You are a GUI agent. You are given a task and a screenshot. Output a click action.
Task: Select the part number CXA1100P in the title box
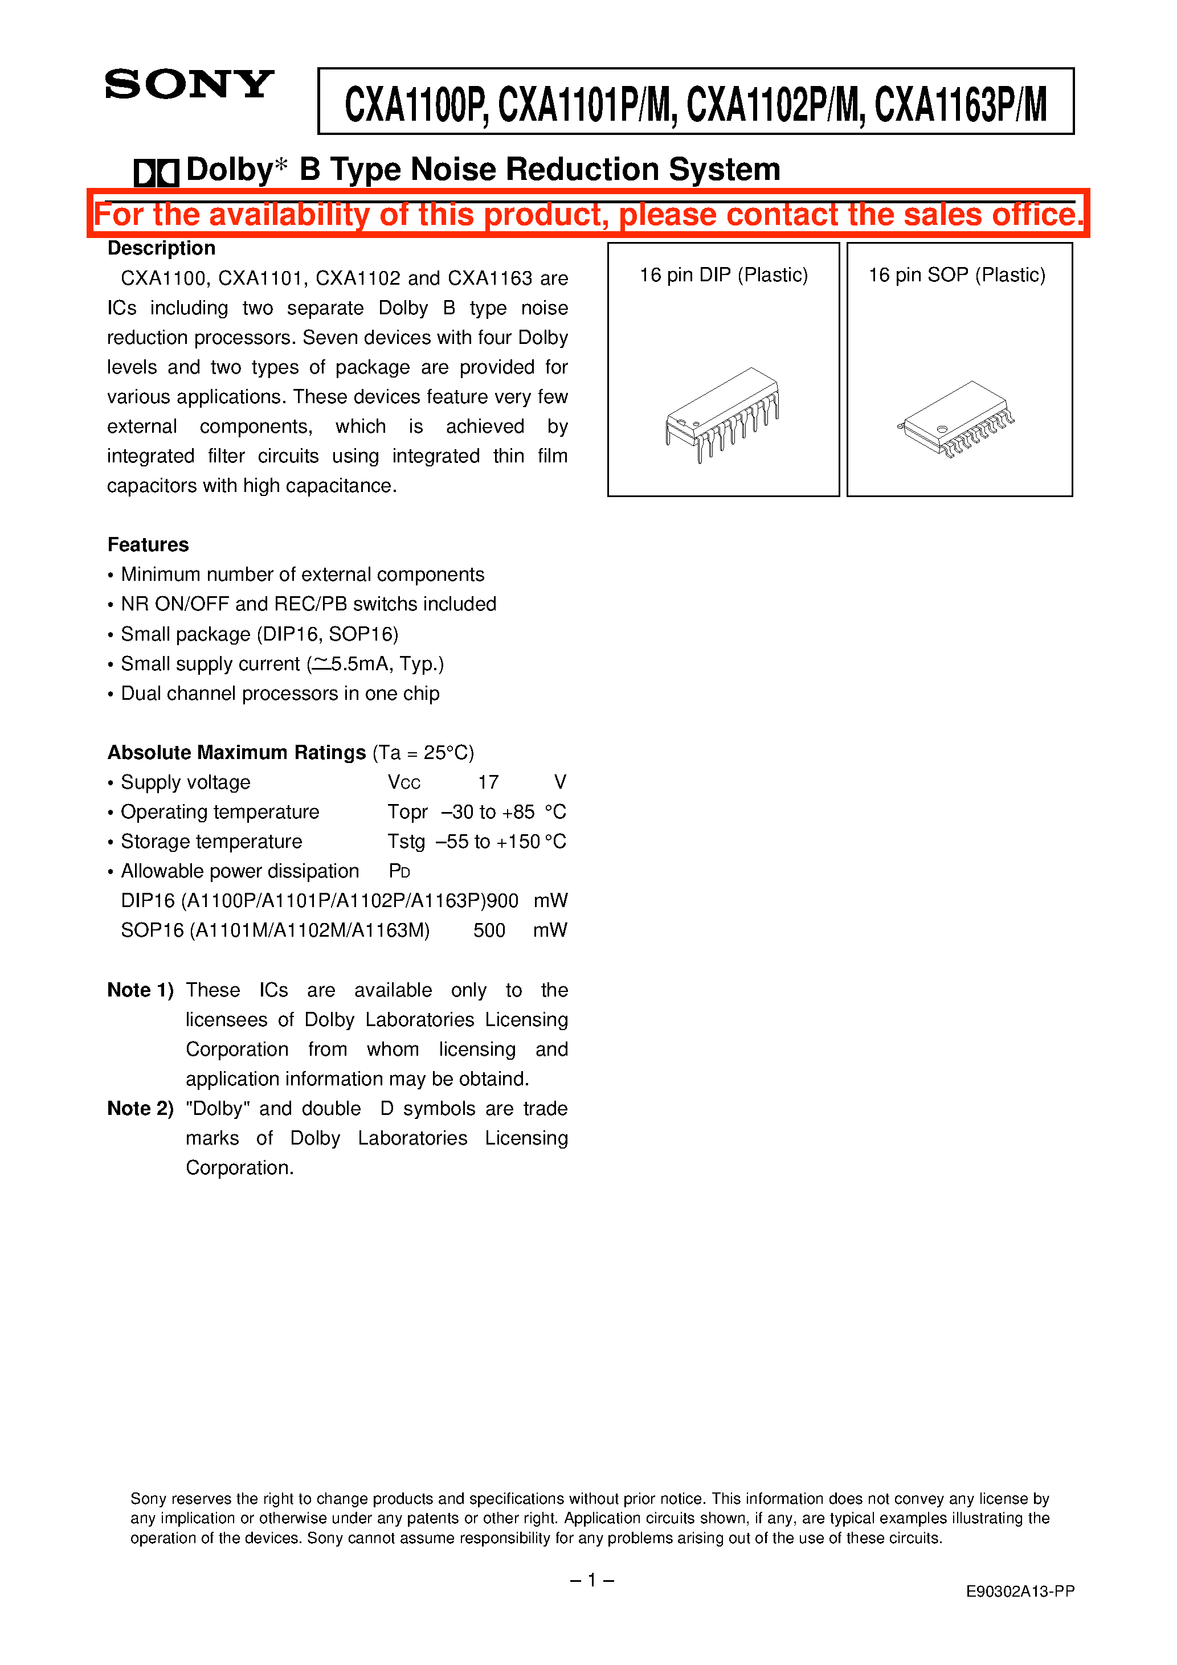point(412,104)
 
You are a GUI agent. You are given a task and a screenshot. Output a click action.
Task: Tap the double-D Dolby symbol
point(156,173)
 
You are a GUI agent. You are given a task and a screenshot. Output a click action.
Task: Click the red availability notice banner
point(588,215)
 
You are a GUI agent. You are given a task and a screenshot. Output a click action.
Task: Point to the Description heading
point(161,248)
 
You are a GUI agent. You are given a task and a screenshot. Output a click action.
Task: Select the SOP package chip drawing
point(957,419)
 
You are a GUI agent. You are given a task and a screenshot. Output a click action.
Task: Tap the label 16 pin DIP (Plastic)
point(723,275)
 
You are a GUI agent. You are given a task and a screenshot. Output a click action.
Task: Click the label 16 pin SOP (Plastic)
point(957,275)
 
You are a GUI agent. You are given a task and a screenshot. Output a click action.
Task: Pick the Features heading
point(148,544)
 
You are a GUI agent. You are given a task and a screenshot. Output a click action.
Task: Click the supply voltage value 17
point(488,782)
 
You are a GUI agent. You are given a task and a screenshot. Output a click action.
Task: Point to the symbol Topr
point(407,811)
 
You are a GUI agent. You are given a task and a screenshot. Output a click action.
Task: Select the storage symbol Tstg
point(406,841)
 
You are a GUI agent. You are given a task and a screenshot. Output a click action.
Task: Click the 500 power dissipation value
point(489,930)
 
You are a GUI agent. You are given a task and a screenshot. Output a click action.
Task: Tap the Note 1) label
point(140,990)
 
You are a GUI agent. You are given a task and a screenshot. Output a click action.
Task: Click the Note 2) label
point(140,1108)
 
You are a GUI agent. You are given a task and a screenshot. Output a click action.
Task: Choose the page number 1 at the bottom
point(591,1580)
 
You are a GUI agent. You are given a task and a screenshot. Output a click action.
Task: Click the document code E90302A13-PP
point(1020,1591)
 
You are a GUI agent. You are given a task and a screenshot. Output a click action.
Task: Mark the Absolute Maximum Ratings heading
point(236,752)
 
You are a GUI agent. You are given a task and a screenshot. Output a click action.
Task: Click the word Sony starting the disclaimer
point(148,1498)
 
